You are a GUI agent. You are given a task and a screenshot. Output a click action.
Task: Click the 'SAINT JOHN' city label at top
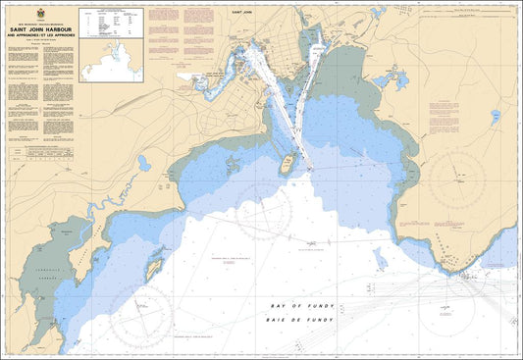[x=266, y=12]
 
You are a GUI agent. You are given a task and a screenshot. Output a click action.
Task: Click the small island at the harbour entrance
[x=288, y=163]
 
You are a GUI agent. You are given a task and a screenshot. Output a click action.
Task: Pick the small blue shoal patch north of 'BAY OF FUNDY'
[x=379, y=257]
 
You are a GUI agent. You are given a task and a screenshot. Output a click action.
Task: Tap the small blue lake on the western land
[x=144, y=164]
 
